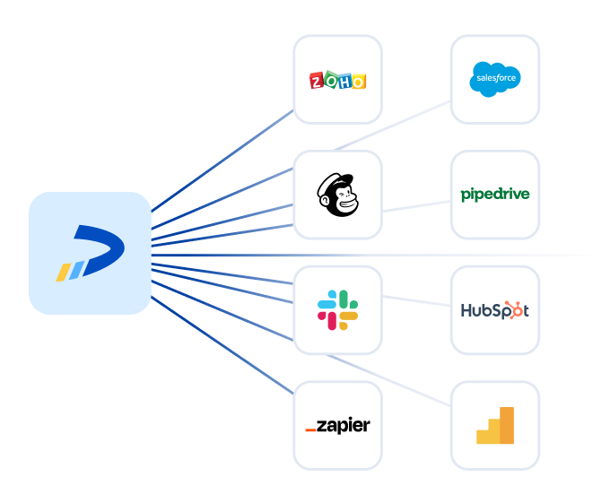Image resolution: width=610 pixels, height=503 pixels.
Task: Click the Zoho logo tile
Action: (337, 80)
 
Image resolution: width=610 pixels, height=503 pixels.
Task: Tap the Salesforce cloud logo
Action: (494, 79)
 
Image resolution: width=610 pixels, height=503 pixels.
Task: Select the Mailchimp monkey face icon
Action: (337, 195)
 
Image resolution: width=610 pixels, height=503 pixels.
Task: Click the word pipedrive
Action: (494, 194)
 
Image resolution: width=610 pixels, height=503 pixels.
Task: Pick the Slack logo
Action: (337, 308)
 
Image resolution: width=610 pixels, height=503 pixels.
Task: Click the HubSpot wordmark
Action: (494, 310)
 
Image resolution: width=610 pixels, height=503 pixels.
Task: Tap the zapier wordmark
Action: (337, 426)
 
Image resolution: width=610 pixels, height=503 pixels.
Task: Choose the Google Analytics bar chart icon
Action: (495, 425)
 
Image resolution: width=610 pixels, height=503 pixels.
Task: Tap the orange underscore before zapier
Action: (310, 430)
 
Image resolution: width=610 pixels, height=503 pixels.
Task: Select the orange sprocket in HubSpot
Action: (514, 308)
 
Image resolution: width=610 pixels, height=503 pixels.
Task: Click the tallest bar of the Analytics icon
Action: (507, 425)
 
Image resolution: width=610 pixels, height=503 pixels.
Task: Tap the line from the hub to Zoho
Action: (224, 161)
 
